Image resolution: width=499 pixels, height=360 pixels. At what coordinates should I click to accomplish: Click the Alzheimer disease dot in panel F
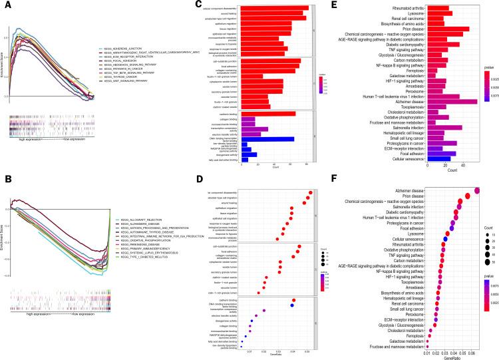coord(476,189)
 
